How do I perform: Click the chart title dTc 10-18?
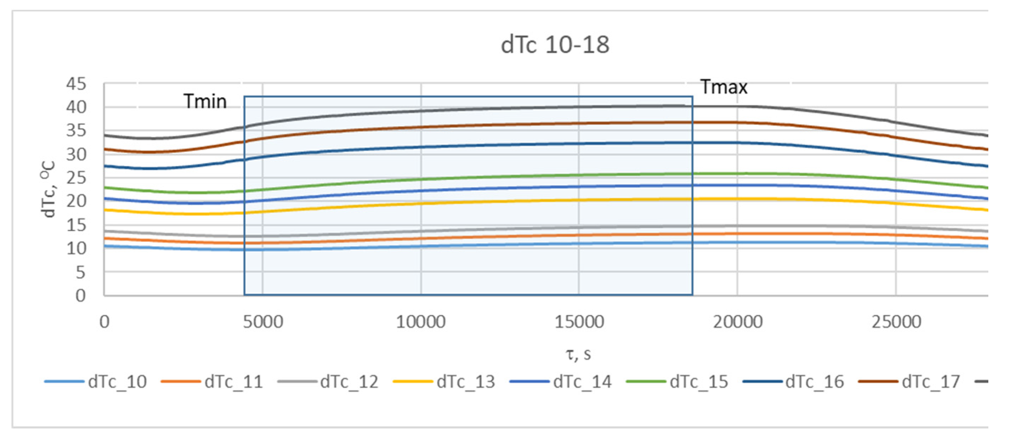click(555, 45)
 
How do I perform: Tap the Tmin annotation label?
click(205, 101)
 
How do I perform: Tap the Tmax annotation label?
click(724, 87)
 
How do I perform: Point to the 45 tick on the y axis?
click(76, 84)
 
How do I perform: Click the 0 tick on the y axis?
click(80, 295)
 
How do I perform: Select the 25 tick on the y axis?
click(76, 178)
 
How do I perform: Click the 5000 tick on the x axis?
click(263, 322)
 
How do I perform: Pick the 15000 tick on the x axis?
click(579, 322)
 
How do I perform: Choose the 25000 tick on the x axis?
click(896, 322)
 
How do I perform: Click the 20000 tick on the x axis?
click(738, 322)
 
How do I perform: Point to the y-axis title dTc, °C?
click(48, 189)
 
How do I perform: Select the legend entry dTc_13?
click(465, 382)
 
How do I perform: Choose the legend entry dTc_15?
click(699, 382)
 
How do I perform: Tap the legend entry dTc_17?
click(931, 382)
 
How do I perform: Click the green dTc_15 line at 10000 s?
click(421, 179)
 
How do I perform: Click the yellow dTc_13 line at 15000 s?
click(579, 200)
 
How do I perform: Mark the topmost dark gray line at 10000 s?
click(421, 111)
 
